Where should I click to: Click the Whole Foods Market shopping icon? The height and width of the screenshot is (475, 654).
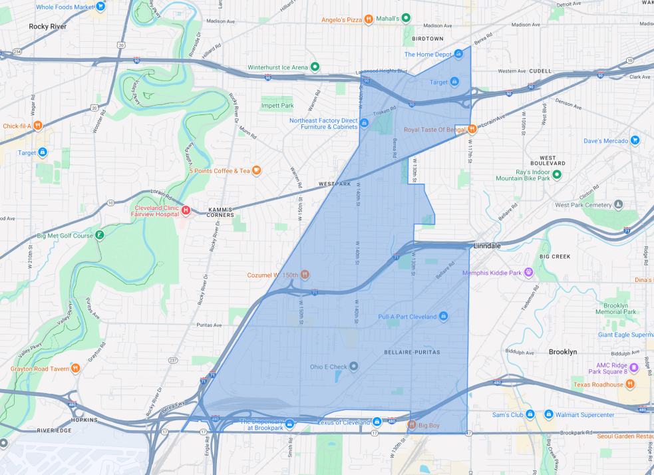pyautogui.click(x=100, y=7)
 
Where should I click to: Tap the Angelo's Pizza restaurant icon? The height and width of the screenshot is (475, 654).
pyautogui.click(x=368, y=19)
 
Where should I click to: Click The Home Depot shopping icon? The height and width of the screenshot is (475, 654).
pyautogui.click(x=458, y=55)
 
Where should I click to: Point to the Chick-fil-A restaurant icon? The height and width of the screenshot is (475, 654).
pyautogui.click(x=39, y=125)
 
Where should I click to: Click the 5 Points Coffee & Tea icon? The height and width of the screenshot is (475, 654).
pyautogui.click(x=256, y=170)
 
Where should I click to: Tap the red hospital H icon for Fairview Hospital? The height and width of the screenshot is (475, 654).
pyautogui.click(x=186, y=210)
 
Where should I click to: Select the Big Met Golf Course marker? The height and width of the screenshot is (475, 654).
pyautogui.click(x=100, y=235)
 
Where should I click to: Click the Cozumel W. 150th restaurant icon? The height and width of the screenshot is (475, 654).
pyautogui.click(x=305, y=274)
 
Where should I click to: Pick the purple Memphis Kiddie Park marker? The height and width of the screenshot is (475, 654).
pyautogui.click(x=529, y=271)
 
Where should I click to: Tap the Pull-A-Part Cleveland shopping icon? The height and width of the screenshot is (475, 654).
pyautogui.click(x=443, y=316)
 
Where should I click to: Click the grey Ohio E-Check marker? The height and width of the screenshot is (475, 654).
pyautogui.click(x=354, y=367)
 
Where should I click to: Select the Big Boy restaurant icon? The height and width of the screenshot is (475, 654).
pyautogui.click(x=412, y=424)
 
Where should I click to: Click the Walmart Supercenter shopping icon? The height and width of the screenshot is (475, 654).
pyautogui.click(x=549, y=414)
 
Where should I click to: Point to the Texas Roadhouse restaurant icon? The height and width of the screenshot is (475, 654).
pyautogui.click(x=630, y=384)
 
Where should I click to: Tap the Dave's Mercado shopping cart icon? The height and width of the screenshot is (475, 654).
pyautogui.click(x=635, y=140)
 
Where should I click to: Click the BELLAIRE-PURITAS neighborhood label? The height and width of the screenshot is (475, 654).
pyautogui.click(x=412, y=352)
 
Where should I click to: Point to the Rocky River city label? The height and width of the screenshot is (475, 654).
pyautogui.click(x=49, y=27)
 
